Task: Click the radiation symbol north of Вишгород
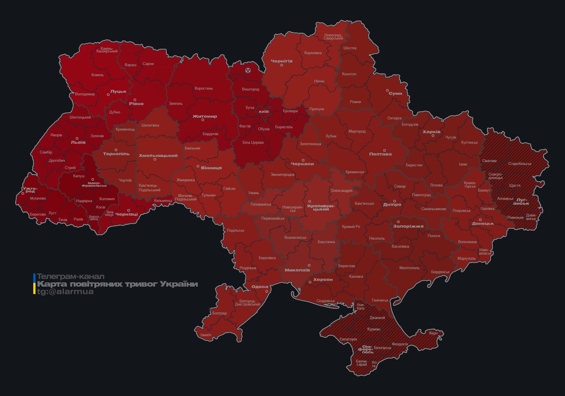(248, 70)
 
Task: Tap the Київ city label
(264, 111)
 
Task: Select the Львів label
(78, 142)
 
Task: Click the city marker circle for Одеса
(267, 291)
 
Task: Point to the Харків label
(431, 132)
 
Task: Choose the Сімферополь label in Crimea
(365, 349)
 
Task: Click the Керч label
(433, 333)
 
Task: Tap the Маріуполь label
(466, 258)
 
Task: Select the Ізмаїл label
(206, 335)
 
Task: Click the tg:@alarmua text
(65, 291)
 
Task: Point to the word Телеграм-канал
(71, 276)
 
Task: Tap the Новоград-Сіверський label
(333, 37)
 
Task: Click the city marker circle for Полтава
(384, 150)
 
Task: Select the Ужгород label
(30, 190)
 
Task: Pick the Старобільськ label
(520, 164)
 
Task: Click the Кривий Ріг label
(351, 226)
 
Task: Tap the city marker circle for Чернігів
(281, 65)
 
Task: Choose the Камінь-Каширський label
(107, 50)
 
